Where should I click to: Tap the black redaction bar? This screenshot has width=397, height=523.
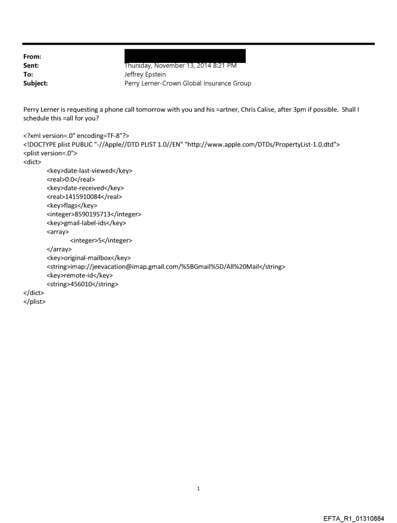click(x=185, y=55)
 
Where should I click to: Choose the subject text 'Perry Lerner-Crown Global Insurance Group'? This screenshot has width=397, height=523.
click(x=188, y=83)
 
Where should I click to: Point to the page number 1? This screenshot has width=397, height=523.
click(x=198, y=488)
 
